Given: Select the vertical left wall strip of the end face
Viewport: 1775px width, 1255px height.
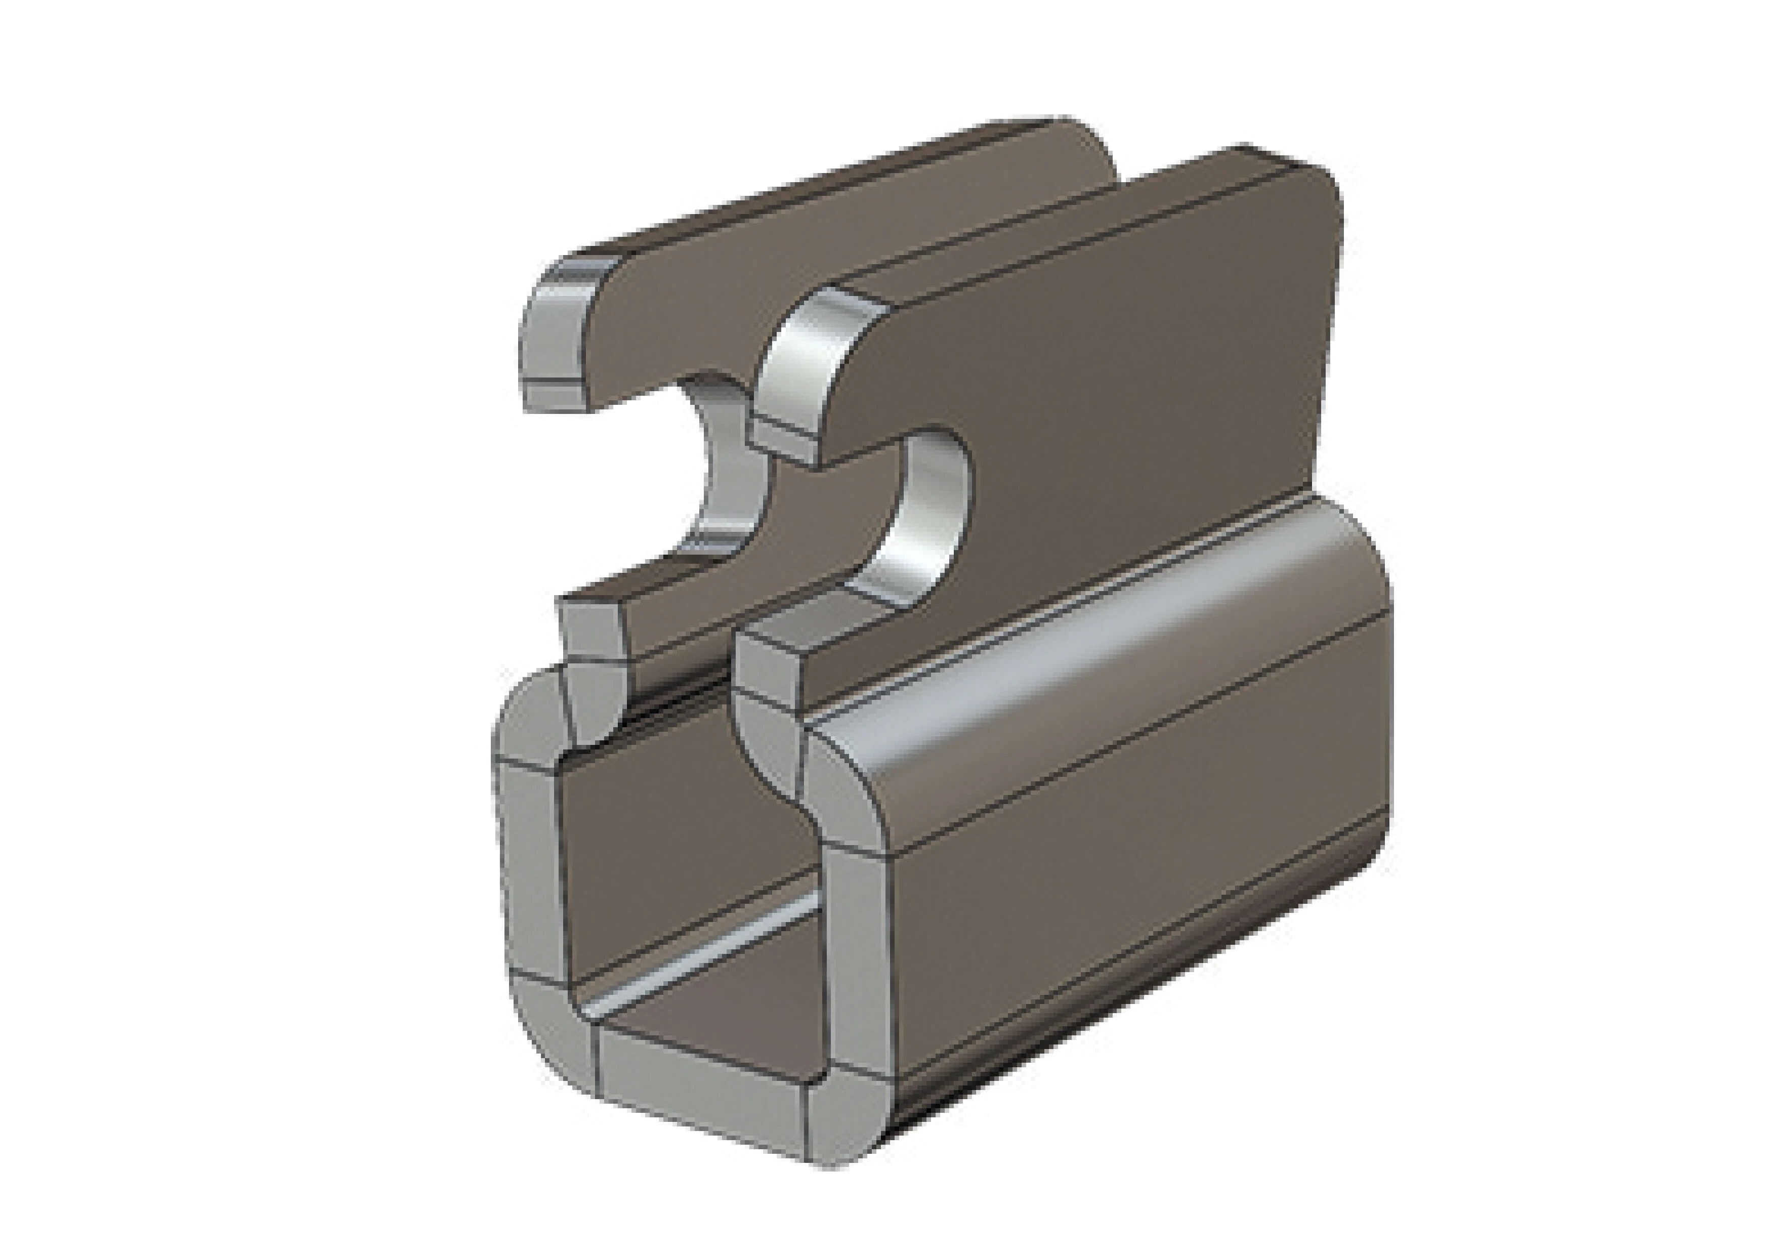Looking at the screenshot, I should pos(530,866).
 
